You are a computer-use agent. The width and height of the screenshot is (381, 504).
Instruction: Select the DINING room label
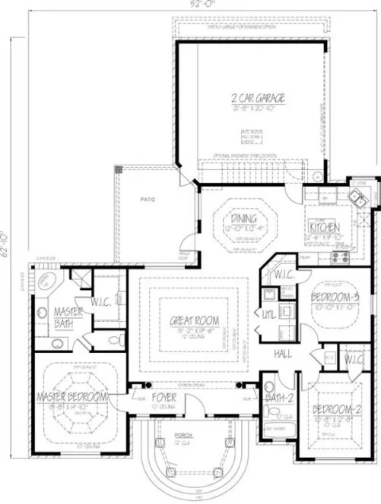(244, 219)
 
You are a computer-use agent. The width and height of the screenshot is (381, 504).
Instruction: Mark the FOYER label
(162, 397)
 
